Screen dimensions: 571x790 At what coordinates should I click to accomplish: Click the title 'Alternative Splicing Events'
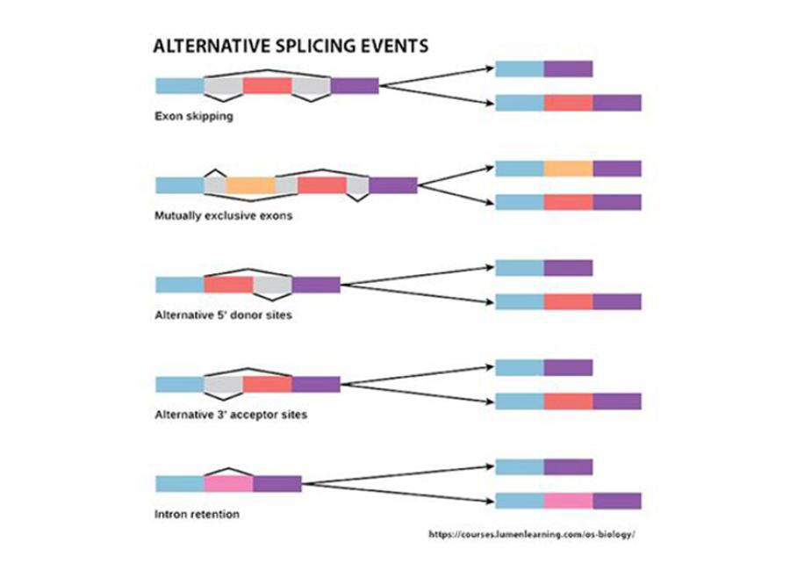tap(291, 46)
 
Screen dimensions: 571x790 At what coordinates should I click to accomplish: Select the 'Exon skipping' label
tap(194, 115)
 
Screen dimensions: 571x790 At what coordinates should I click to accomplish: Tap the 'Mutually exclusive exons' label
tap(224, 215)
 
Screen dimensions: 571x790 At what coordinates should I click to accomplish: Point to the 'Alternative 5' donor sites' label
tap(224, 314)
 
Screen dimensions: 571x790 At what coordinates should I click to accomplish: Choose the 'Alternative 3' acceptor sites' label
tap(231, 414)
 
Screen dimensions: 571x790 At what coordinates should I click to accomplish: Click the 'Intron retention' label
tap(197, 514)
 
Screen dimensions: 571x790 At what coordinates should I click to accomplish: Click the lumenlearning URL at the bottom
tap(531, 533)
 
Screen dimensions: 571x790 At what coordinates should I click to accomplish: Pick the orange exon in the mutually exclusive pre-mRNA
tap(251, 185)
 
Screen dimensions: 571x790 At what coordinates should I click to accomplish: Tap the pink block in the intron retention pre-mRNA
tap(228, 484)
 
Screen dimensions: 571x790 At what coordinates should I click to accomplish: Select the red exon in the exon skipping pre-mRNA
tap(268, 85)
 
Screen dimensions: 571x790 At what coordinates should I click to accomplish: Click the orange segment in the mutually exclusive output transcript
tap(568, 169)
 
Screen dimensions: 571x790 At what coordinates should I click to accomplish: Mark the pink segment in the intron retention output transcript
tap(568, 501)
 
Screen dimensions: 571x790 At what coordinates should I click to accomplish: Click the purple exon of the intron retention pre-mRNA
tap(277, 484)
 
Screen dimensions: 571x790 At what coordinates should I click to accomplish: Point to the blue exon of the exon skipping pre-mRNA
tap(179, 85)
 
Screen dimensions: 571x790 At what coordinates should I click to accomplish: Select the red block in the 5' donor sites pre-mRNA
tap(228, 285)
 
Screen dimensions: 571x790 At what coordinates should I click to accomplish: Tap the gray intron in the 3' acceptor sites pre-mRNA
tap(224, 385)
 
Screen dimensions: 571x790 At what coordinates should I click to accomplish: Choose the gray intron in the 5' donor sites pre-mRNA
tap(272, 285)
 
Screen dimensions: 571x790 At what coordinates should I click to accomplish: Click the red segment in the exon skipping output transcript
tap(568, 103)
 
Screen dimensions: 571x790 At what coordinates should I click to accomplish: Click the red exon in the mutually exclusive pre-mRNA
tap(322, 185)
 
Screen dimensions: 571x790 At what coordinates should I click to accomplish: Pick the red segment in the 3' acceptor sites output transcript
tap(568, 401)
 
